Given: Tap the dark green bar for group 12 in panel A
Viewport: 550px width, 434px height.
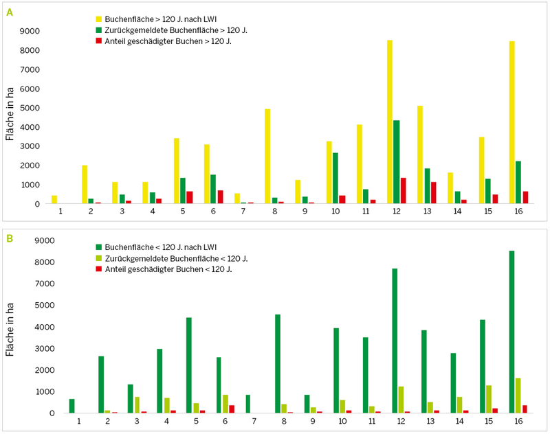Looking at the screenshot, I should click(397, 162).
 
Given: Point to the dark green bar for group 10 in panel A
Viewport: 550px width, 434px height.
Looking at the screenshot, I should click(335, 178).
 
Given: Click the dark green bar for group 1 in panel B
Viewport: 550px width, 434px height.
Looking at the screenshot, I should click(71, 406).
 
